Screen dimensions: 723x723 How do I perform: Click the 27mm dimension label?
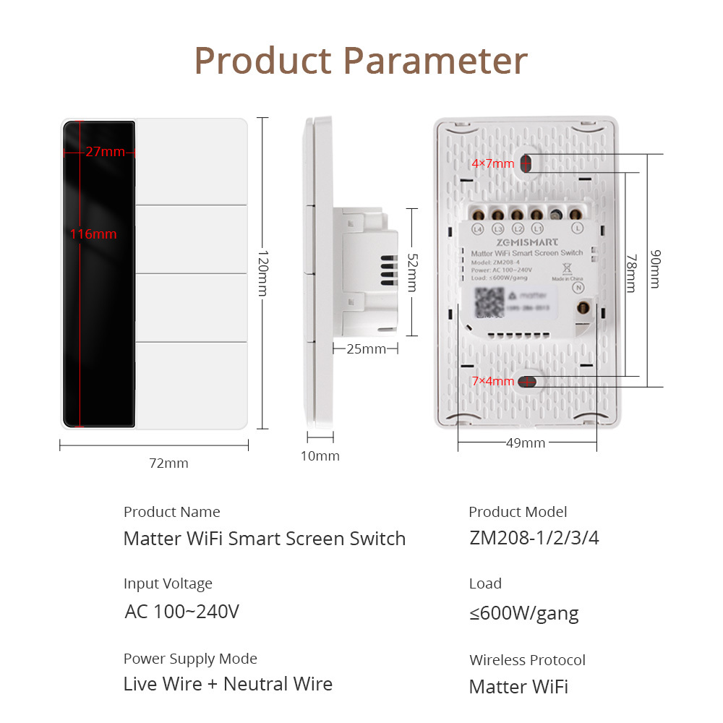click(105, 152)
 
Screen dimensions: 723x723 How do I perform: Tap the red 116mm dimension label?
click(93, 234)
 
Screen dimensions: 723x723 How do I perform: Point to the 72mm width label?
click(168, 463)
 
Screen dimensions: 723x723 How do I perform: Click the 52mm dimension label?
click(411, 272)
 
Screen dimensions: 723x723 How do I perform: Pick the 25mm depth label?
click(366, 349)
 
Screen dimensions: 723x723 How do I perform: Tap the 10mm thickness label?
click(320, 456)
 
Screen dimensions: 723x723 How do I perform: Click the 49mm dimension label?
click(526, 443)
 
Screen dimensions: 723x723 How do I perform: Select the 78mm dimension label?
click(631, 273)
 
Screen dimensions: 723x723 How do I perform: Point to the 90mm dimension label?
click(654, 268)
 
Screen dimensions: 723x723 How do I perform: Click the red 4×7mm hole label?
click(492, 164)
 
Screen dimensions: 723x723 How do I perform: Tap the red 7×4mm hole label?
click(492, 381)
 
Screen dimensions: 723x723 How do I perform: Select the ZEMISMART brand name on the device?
click(526, 243)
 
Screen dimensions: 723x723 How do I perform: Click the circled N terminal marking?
click(578, 287)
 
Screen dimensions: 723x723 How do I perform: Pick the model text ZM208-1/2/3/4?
click(534, 539)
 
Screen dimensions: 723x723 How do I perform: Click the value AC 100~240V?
click(181, 612)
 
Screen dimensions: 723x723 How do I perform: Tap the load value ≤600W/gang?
click(524, 614)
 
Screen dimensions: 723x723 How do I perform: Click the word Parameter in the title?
click(435, 61)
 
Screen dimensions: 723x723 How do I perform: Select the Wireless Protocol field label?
click(527, 660)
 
